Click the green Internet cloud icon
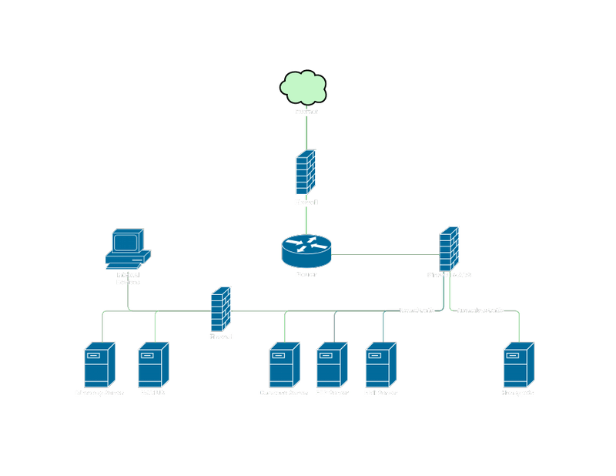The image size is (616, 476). [x=306, y=87]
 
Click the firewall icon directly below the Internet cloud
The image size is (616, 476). [x=306, y=173]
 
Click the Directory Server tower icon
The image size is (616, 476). [x=99, y=365]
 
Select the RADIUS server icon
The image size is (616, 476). [x=152, y=365]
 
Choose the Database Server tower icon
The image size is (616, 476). [x=283, y=365]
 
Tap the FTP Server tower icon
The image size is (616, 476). [x=332, y=365]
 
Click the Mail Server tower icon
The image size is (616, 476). [x=380, y=365]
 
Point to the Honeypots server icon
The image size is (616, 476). [x=517, y=365]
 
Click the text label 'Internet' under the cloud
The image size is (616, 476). [x=306, y=112]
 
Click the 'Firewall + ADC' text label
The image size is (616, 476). [x=450, y=275]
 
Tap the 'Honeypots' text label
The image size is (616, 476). [x=517, y=393]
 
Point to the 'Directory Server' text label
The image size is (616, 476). [x=99, y=393]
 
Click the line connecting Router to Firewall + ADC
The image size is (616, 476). [x=385, y=254]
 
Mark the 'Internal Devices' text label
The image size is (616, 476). [x=128, y=278]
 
